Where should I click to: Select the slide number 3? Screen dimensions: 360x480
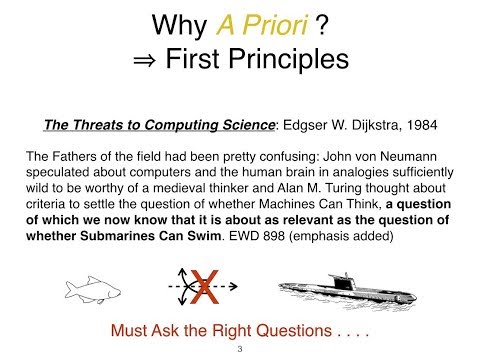click(x=240, y=350)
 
